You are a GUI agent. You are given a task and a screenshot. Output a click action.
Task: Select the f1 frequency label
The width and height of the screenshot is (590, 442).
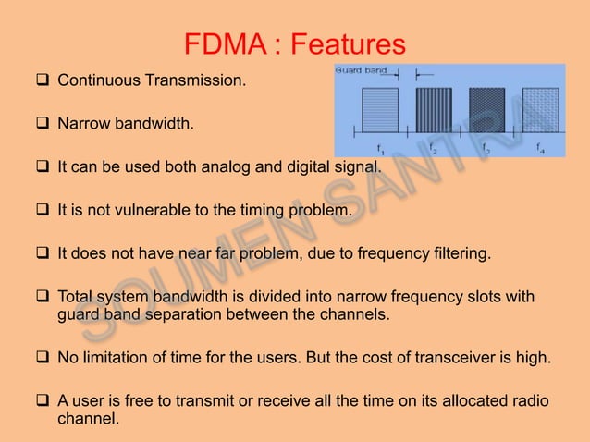pos(380,148)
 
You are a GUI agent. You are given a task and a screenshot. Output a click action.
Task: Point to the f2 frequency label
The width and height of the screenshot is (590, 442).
pos(433,148)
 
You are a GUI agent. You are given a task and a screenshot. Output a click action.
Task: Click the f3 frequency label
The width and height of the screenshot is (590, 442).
pos(486,148)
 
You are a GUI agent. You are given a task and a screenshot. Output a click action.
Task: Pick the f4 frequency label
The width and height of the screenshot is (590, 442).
pos(540,147)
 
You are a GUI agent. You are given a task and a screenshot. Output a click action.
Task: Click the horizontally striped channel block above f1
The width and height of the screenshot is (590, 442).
pos(380,112)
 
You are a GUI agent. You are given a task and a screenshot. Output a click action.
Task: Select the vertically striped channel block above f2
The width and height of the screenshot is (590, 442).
pos(433,112)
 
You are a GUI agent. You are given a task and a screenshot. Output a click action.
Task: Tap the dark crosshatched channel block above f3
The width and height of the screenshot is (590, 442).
pos(486,112)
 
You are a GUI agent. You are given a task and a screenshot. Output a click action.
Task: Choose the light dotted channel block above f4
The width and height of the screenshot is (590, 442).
pos(540,112)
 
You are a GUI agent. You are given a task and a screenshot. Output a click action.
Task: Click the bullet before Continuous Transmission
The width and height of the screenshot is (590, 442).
pos(43,81)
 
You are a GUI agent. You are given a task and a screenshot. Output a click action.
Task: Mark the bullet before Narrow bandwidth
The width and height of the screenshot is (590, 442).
pos(43,124)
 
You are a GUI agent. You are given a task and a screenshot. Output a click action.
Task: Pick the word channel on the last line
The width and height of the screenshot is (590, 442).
pos(82,418)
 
